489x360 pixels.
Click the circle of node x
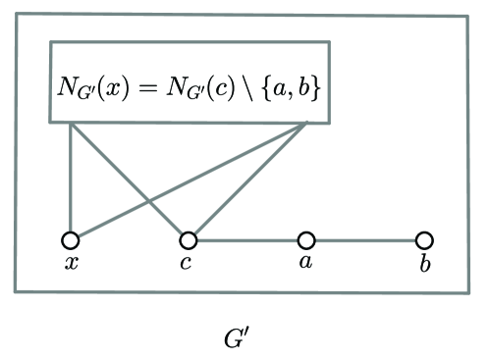(x=70, y=239)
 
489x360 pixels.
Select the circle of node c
(x=189, y=239)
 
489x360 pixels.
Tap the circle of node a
(x=306, y=239)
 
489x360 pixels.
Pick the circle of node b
(x=424, y=239)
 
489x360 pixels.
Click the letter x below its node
(x=71, y=263)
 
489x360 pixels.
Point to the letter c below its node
(x=187, y=263)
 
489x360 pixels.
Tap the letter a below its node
(x=306, y=263)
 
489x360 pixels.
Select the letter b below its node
(x=424, y=262)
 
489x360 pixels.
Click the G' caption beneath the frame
(x=240, y=339)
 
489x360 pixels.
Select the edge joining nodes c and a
(x=247, y=239)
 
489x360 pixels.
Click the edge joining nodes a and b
(x=365, y=239)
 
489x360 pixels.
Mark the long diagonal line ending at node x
(x=187, y=181)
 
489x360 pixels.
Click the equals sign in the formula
(x=155, y=85)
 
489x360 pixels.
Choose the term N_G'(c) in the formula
(x=202, y=85)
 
